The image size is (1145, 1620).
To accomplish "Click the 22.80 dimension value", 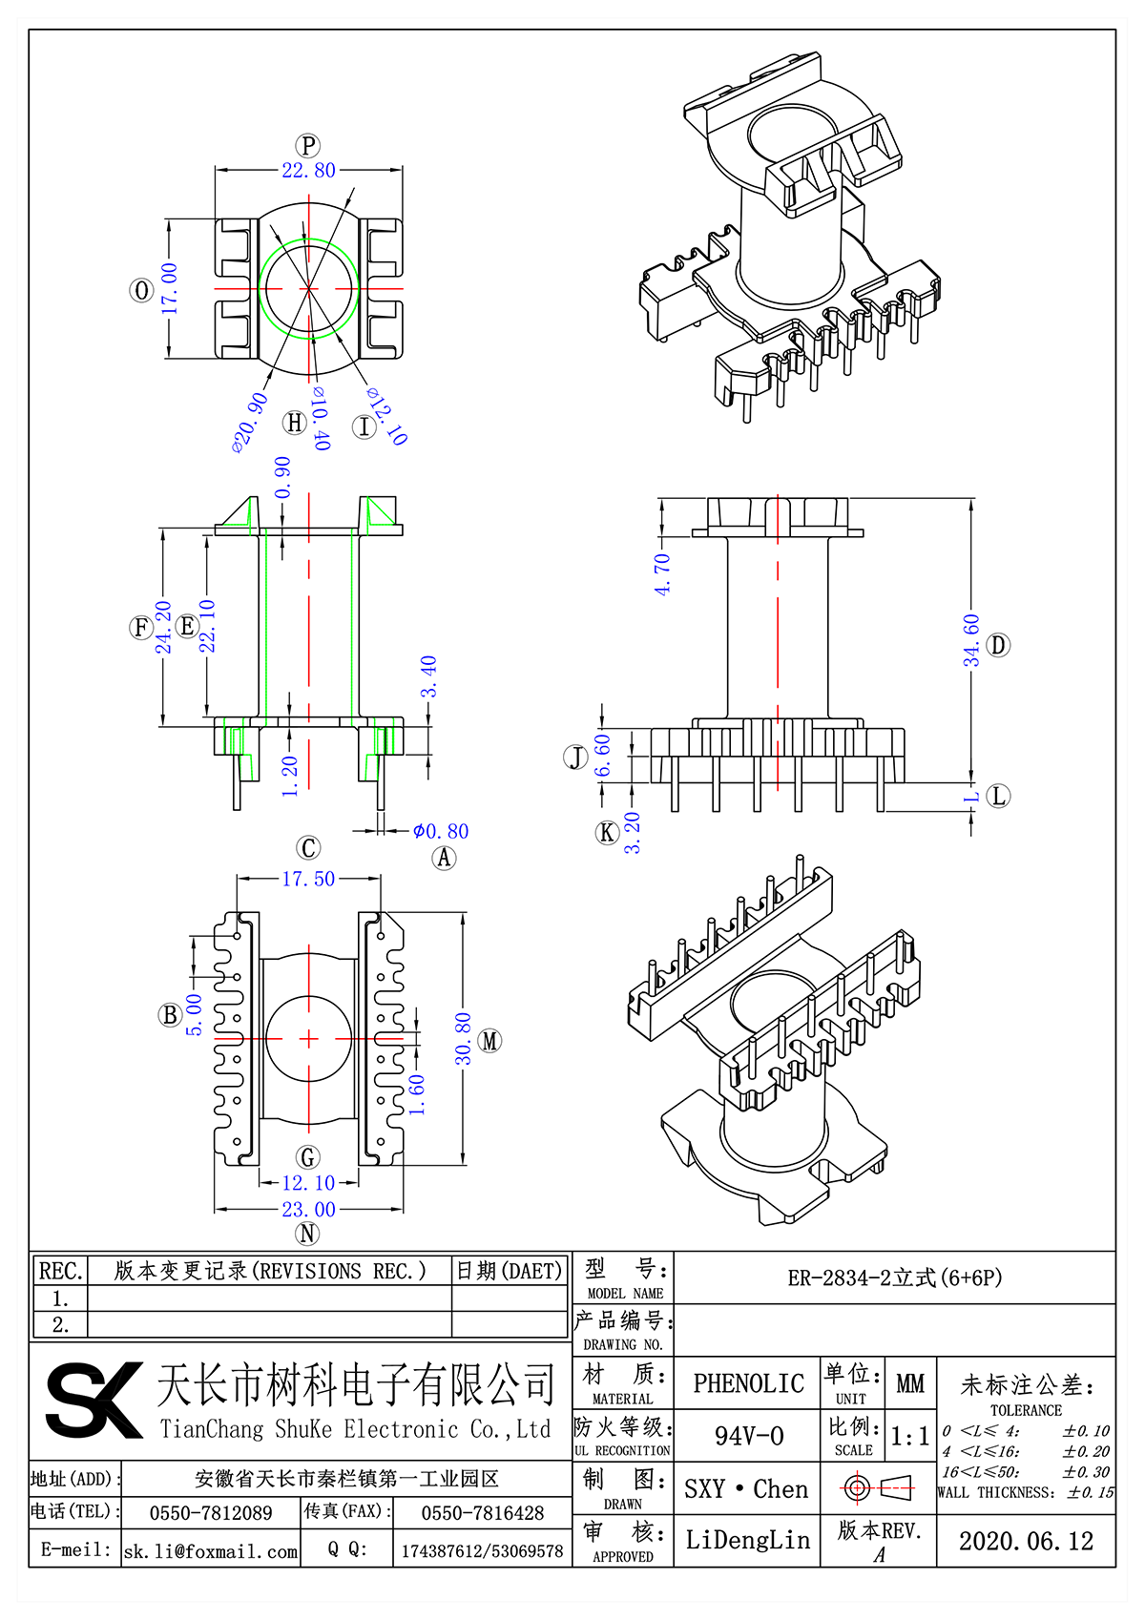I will point(308,171).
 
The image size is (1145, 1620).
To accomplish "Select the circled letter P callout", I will point(308,145).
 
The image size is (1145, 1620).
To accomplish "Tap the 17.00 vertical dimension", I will point(169,288).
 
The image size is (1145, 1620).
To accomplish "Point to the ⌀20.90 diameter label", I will point(250,422).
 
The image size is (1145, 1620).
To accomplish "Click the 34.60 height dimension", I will point(971,640).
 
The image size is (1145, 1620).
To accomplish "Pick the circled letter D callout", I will point(998,645).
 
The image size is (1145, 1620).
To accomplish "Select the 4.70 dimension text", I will point(662,574).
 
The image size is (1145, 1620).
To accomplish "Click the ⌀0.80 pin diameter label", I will point(441,831).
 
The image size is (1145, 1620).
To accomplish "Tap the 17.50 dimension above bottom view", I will point(308,879).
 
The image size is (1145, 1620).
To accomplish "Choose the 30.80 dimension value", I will point(463,1038).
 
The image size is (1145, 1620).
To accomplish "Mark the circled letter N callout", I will point(307,1233).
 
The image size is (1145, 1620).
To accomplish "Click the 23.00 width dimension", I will point(308,1209).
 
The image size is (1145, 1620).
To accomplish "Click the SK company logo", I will point(94,1400).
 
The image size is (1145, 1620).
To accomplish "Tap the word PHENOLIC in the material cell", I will point(748,1383).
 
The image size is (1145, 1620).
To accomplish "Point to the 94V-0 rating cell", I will point(748,1436).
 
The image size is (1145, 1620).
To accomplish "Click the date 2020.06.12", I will point(1026,1541).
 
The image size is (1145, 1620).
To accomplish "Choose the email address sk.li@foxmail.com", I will point(211,1551).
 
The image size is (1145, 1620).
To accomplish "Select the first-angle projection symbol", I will point(878,1487).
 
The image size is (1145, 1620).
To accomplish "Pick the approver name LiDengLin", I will point(747,1540).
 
